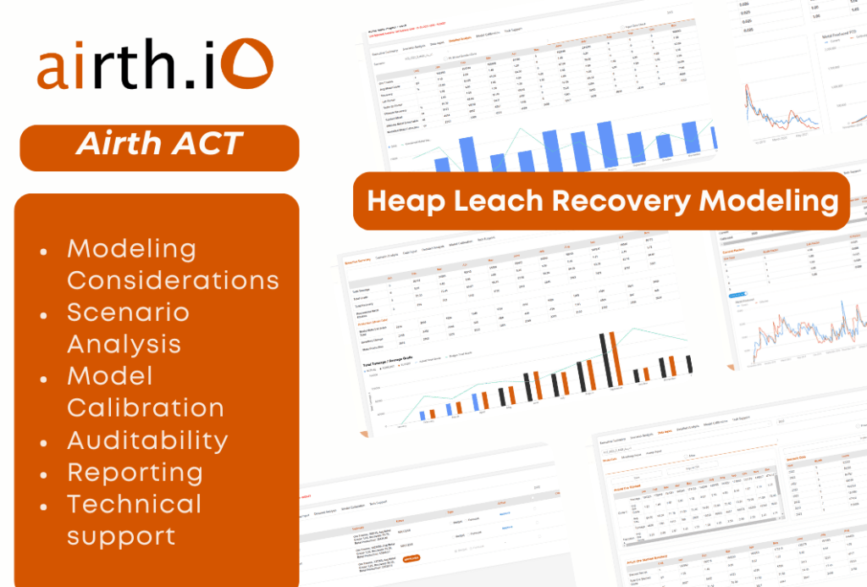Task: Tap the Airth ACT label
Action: coord(159,145)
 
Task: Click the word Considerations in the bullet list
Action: coord(174,280)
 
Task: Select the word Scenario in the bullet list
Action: coord(129,313)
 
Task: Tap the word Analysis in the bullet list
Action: coord(124,344)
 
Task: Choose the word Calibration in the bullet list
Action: coord(146,407)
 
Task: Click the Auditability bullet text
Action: coord(147,440)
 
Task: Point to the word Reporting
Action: coord(135,472)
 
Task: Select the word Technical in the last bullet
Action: coord(135,504)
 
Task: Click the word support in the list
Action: coord(122,535)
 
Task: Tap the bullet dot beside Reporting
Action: coord(44,473)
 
